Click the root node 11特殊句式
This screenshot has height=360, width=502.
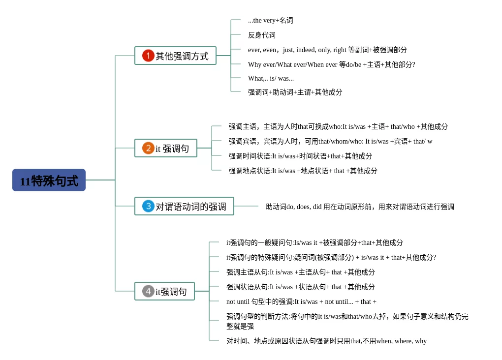(49, 180)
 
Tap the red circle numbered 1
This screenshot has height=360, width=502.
(148, 56)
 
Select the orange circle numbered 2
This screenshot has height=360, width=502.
(148, 148)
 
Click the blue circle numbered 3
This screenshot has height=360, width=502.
(148, 206)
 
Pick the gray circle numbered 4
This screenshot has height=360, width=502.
(148, 291)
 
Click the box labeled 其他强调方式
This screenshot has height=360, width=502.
(175, 56)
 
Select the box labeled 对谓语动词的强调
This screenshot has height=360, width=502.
(184, 206)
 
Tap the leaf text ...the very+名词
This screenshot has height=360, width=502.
(270, 21)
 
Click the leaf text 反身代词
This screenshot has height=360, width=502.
(261, 35)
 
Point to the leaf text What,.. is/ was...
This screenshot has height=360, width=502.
(271, 78)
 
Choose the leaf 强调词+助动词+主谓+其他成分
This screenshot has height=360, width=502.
(295, 92)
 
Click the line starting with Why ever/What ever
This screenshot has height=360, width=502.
(331, 64)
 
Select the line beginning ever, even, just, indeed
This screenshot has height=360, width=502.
(327, 50)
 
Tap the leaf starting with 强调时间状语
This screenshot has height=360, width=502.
(300, 156)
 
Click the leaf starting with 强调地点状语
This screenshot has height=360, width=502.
(303, 171)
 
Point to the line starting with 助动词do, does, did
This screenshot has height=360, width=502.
(360, 207)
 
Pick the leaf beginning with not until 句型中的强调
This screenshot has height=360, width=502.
(301, 301)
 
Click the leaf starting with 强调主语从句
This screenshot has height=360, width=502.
(300, 272)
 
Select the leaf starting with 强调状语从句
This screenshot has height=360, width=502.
(300, 287)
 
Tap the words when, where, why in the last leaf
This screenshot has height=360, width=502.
(402, 341)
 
